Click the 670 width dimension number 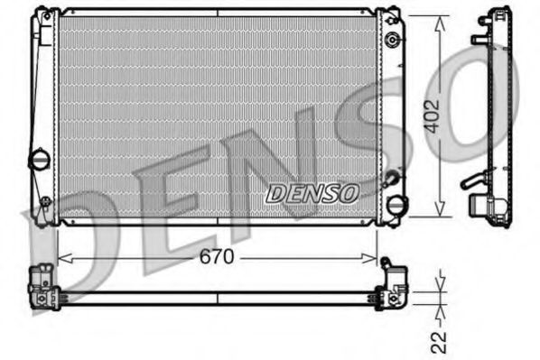pyautogui.click(x=217, y=256)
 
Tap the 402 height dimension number pyautogui.click(x=435, y=116)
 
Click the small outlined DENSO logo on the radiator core pyautogui.click(x=312, y=192)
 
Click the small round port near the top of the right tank pyautogui.click(x=393, y=41)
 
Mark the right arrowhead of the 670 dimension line pyautogui.click(x=371, y=257)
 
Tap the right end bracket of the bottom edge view pyautogui.click(x=394, y=282)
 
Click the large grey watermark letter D pyautogui.click(x=63, y=226)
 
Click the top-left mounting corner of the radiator pyautogui.click(x=42, y=15)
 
